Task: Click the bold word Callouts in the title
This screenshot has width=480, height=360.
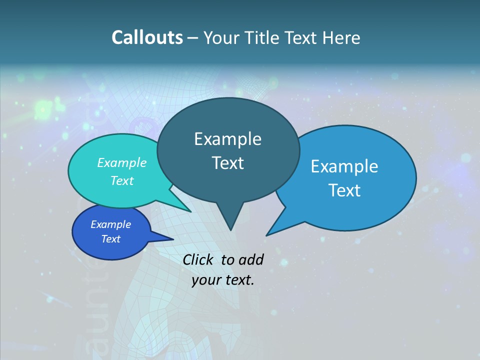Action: [x=147, y=37]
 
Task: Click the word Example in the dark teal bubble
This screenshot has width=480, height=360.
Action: [x=227, y=139]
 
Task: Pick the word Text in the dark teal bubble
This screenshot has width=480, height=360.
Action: [x=227, y=163]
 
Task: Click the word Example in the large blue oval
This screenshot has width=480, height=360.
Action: [x=344, y=166]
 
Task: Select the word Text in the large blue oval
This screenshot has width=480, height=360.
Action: [x=344, y=190]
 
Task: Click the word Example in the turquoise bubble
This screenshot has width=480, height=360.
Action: [x=122, y=162]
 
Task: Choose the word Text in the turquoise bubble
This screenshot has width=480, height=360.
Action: [x=122, y=180]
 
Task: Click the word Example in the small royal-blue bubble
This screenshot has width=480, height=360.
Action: [x=110, y=224]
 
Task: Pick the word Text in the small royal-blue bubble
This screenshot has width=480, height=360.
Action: [x=110, y=239]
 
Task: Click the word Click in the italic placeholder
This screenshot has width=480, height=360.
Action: [x=199, y=259]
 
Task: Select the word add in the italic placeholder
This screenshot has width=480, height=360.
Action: [x=251, y=259]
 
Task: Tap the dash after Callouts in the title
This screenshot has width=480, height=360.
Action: [x=193, y=37]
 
